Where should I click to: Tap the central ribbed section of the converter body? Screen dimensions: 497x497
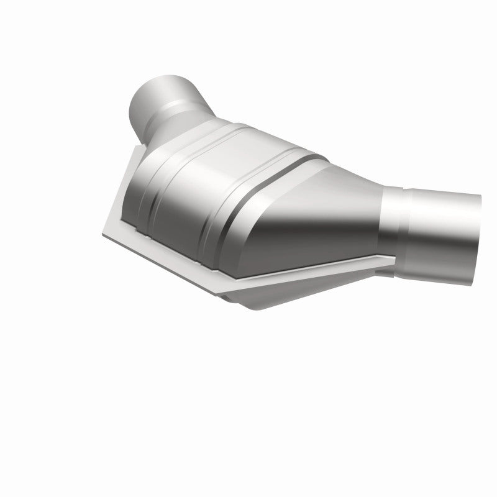(x=186, y=186)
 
